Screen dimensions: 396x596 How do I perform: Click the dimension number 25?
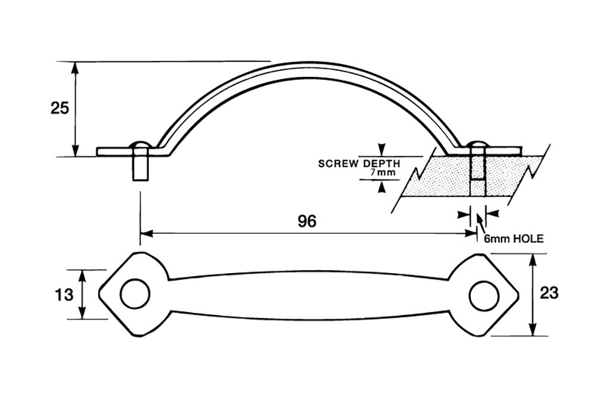60,108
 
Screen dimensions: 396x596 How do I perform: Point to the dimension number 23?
550,293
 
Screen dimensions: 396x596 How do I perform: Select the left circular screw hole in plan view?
135,293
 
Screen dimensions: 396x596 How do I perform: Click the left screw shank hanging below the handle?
140,166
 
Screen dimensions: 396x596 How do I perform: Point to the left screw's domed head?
139,146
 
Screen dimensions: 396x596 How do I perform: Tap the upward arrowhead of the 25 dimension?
76,66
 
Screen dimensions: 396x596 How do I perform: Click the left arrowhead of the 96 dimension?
145,233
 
